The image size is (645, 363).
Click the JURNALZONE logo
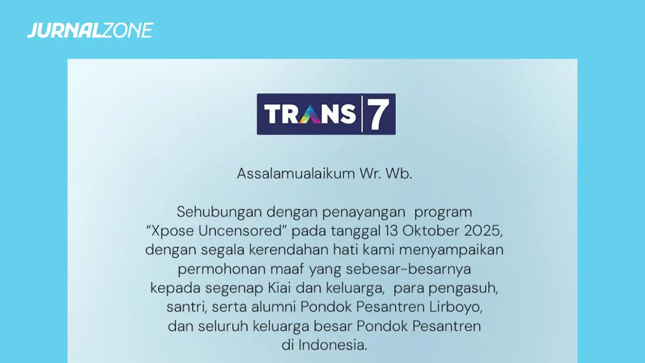click(x=90, y=31)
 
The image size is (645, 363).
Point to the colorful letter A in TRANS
click(x=313, y=114)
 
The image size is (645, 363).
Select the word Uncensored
click(x=243, y=231)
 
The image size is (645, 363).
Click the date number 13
click(x=391, y=231)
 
